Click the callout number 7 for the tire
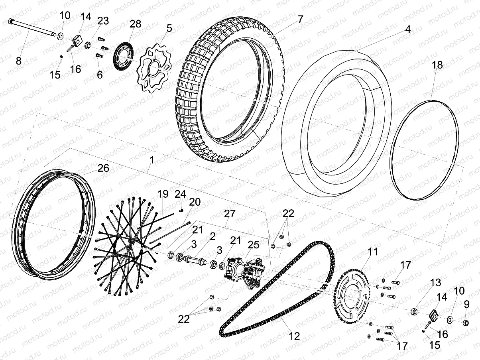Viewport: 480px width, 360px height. pyautogui.click(x=300, y=19)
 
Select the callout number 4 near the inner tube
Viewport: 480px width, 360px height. pyautogui.click(x=407, y=30)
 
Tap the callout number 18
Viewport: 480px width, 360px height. pyautogui.click(x=437, y=65)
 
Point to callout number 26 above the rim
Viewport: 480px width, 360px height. pyautogui.click(x=103, y=168)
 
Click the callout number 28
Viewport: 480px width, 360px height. pyautogui.click(x=135, y=24)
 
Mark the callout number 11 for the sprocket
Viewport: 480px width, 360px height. pyautogui.click(x=372, y=252)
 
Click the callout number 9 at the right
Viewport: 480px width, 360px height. pyautogui.click(x=467, y=305)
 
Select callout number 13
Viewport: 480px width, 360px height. pyautogui.click(x=436, y=283)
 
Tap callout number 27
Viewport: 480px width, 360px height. pyautogui.click(x=229, y=214)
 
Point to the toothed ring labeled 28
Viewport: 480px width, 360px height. pyautogui.click(x=123, y=58)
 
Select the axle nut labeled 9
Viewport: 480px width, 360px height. pyautogui.click(x=465, y=321)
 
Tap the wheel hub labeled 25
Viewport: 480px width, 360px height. pyautogui.click(x=243, y=271)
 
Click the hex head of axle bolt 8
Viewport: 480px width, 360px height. pyautogui.click(x=11, y=22)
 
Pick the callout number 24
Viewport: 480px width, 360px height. pyautogui.click(x=180, y=194)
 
